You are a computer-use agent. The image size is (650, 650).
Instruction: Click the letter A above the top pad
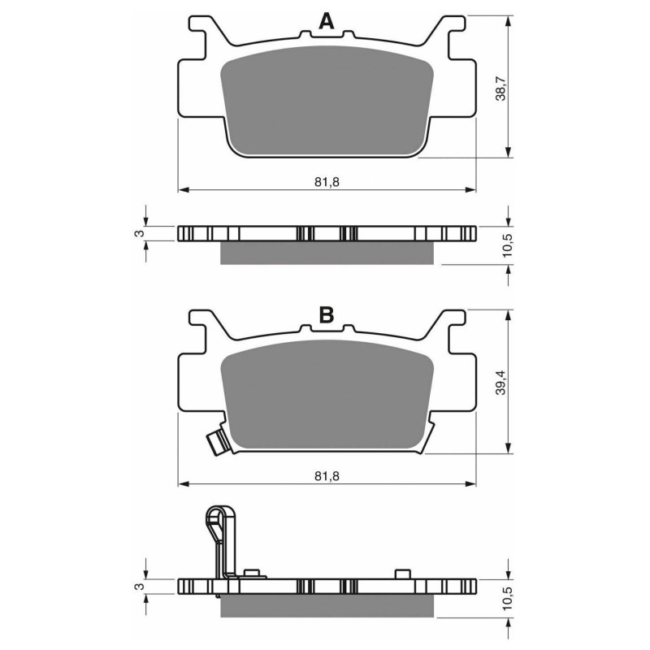[326, 23]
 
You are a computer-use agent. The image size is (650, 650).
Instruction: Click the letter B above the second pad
[326, 316]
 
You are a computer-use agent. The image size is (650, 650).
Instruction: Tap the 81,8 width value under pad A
[326, 181]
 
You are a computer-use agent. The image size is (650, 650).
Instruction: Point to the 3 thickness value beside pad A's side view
[138, 234]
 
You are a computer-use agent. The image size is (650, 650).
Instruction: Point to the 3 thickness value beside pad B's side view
[138, 587]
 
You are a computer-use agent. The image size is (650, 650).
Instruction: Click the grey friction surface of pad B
[326, 398]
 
